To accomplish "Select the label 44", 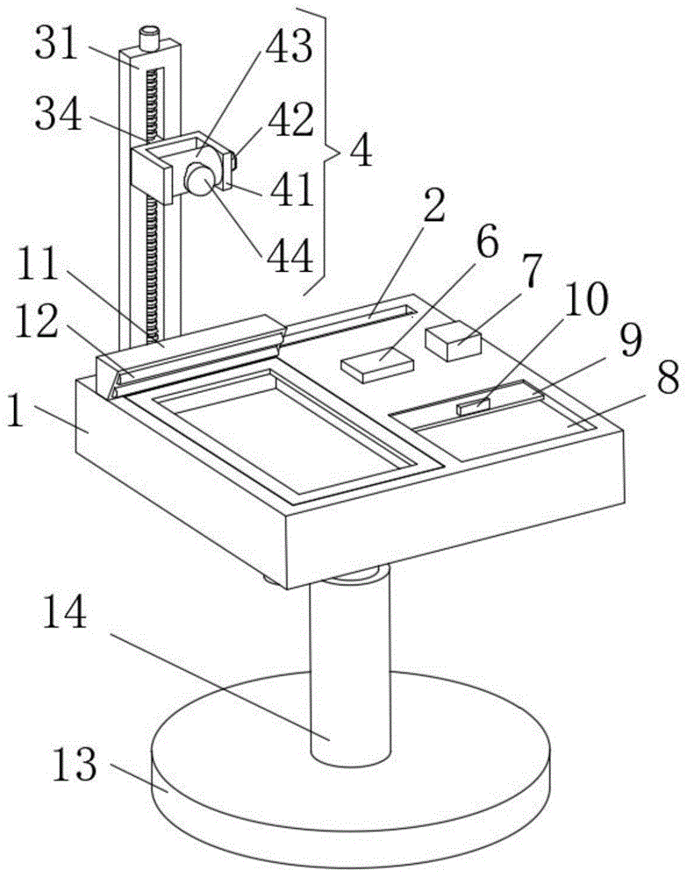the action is (290, 257).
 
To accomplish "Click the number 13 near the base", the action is (75, 764).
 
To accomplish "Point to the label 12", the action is (37, 321).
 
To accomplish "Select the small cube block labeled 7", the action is (453, 340).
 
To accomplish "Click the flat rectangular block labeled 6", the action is (377, 364).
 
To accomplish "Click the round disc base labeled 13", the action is (351, 777).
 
